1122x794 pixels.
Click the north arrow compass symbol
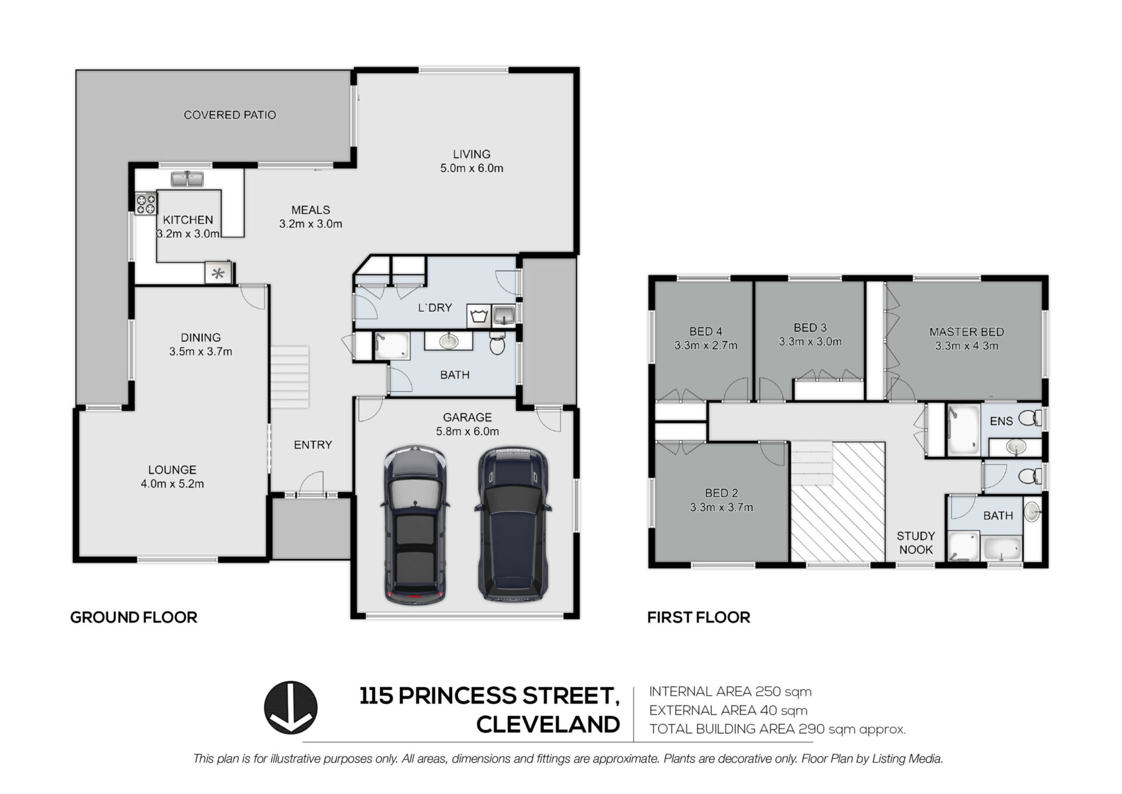290,707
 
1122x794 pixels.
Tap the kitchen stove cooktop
147,203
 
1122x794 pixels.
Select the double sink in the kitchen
187,178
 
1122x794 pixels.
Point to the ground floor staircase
289,377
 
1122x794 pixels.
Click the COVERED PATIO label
230,115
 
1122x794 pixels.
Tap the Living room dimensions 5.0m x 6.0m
472,168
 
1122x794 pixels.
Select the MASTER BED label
967,332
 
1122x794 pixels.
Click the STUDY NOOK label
916,543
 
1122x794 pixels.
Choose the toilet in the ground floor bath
497,343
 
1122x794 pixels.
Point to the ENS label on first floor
1001,421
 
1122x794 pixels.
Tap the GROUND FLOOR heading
134,617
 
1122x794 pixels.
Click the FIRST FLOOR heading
698,617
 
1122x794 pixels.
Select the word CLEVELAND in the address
548,724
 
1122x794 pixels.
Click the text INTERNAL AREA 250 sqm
730,692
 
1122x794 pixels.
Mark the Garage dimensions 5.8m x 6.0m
467,431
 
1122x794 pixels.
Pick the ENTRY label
313,445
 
